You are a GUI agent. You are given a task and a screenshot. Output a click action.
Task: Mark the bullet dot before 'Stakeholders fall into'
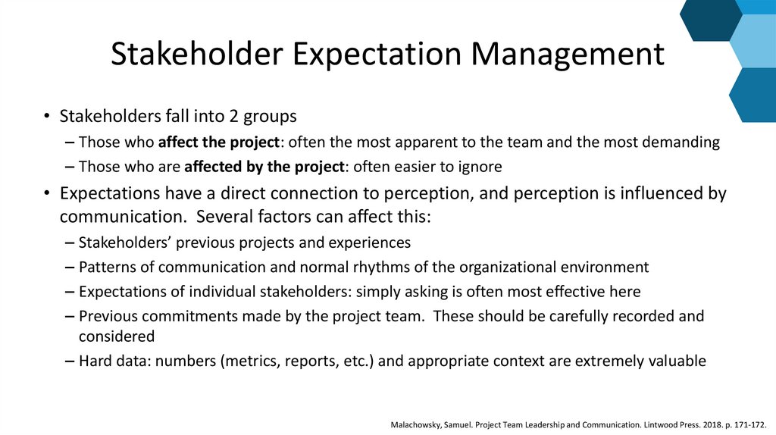(46, 117)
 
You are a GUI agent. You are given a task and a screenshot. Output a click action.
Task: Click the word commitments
(180, 316)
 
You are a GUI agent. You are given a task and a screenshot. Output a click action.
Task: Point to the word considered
(117, 336)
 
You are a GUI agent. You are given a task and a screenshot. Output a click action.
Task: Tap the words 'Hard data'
(111, 361)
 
